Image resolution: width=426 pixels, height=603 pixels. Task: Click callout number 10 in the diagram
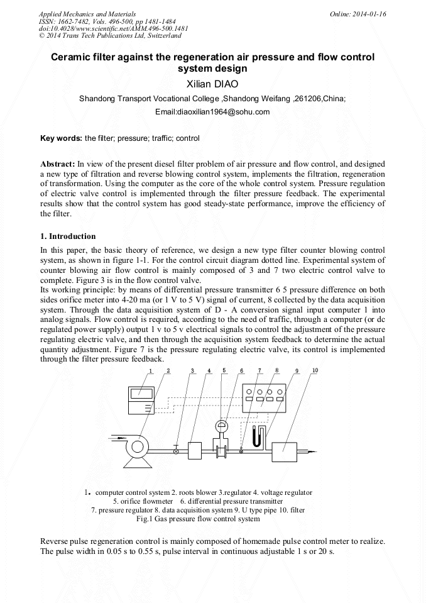click(315, 370)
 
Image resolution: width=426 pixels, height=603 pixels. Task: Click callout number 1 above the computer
click(151, 371)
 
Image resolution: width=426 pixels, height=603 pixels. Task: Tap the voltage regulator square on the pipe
click(194, 451)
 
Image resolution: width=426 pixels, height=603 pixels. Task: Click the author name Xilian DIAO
click(212, 84)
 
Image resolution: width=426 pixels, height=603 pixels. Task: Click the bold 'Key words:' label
click(61, 138)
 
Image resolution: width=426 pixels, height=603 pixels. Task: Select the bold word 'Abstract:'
click(58, 163)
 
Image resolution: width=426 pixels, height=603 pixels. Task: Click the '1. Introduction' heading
click(68, 236)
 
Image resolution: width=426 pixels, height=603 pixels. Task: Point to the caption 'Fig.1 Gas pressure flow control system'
click(198, 519)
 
